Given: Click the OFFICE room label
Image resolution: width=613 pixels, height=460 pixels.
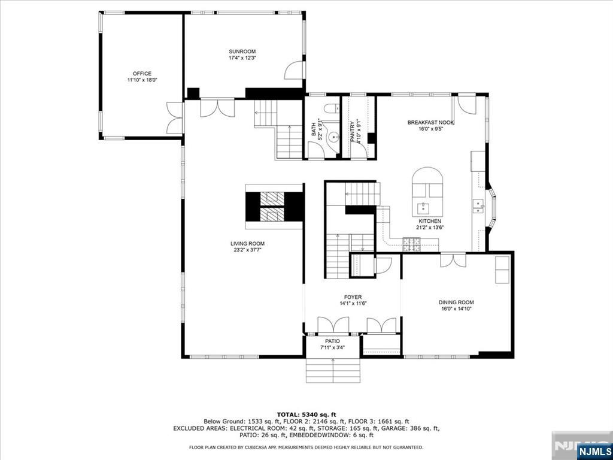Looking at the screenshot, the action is click(142, 74).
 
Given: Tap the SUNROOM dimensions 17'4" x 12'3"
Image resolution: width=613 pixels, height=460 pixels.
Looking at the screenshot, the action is click(242, 58).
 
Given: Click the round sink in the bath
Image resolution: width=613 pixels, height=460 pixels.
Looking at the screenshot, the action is click(333, 138).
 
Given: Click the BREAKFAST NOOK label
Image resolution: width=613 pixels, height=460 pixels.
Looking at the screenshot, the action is click(430, 122).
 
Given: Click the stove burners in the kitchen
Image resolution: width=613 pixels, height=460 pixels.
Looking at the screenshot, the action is click(412, 244).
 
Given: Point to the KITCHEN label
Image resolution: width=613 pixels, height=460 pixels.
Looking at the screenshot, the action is click(431, 222).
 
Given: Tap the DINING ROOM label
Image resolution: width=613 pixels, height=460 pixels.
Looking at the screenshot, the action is click(456, 302).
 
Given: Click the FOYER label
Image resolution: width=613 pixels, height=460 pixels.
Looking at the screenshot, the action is click(353, 297).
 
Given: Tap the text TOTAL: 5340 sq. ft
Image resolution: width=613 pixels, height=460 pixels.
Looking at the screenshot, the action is click(306, 414).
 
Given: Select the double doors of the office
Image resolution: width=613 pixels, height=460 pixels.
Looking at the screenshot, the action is click(175, 118).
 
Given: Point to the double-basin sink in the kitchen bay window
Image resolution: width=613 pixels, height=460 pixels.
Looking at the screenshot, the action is click(477, 206).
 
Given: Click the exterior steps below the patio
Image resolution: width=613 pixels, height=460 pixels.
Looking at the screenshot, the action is click(333, 370).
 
